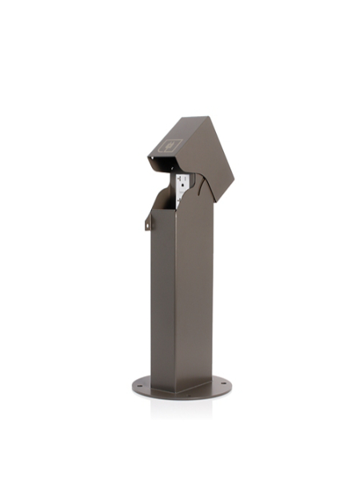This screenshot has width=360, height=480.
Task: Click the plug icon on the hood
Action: [x=171, y=146]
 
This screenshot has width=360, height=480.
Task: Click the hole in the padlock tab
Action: [x=146, y=226]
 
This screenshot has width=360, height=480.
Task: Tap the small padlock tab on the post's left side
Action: [x=147, y=222]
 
